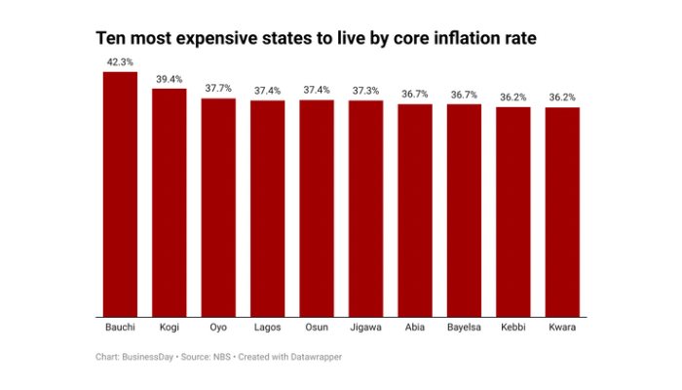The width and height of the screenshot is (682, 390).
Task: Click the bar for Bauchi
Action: pos(120,195)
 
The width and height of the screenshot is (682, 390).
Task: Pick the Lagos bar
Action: pos(267,209)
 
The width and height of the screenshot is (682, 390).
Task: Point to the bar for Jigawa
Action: pos(365,209)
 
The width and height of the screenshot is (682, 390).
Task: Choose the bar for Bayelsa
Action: pos(464,211)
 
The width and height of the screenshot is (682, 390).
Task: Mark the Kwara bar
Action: pos(562,213)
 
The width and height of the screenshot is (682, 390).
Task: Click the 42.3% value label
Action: pos(120,61)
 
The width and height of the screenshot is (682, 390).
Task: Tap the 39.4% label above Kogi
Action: pos(169,78)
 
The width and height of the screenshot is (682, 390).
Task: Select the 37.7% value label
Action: pos(218,88)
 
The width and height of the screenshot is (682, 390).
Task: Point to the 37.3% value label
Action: pos(365,90)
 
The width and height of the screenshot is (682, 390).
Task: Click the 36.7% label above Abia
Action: pos(415,94)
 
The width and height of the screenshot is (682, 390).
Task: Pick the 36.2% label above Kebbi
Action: pos(513,97)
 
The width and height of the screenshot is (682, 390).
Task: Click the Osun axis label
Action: pos(317,329)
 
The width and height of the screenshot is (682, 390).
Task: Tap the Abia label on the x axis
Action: pos(415,329)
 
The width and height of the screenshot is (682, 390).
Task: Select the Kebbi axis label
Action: pos(513,329)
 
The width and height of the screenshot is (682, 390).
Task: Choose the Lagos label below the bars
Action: pos(267,329)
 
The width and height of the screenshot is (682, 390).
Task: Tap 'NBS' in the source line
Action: pos(222,358)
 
